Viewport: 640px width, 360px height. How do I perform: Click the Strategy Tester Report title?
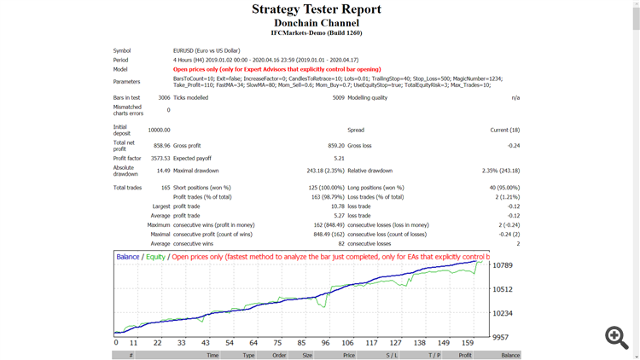click(317, 9)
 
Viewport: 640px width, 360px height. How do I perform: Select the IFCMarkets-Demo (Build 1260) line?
click(317, 33)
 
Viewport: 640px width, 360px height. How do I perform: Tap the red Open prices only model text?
click(276, 69)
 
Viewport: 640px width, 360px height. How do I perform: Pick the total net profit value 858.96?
click(159, 145)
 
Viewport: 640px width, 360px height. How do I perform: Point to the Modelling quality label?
click(367, 98)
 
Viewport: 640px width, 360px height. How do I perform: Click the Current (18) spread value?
click(504, 130)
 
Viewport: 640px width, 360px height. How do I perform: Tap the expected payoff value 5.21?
click(339, 158)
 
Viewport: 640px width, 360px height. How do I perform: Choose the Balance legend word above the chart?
click(128, 257)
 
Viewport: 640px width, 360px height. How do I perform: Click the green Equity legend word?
click(155, 257)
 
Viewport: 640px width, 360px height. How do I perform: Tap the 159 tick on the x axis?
click(468, 343)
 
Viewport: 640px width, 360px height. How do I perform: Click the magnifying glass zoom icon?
click(616, 336)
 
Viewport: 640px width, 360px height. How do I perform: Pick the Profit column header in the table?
click(465, 355)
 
